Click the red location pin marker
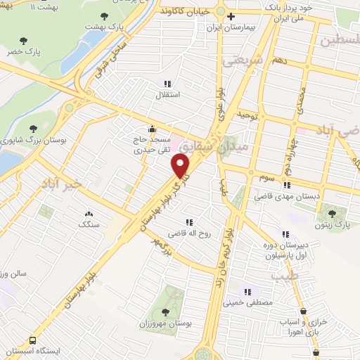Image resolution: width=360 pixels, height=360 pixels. pyautogui.click(x=181, y=166)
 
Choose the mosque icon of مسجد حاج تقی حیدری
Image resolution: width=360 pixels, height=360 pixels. pyautogui.click(x=153, y=129)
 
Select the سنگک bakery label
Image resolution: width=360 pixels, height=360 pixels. pyautogui.click(x=89, y=225)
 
